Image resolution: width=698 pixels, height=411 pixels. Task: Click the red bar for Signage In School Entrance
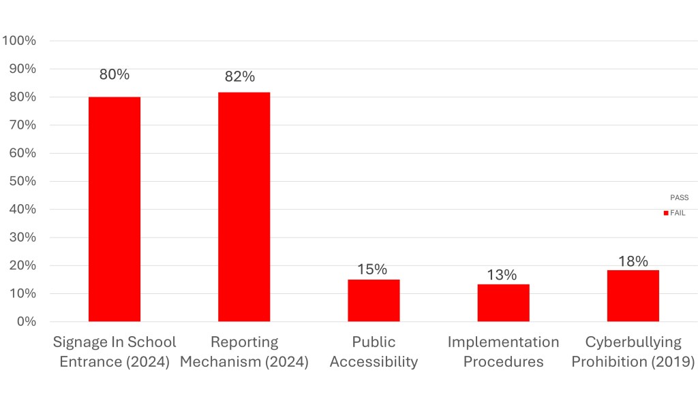(x=115, y=209)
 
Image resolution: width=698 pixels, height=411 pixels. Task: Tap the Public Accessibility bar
(x=374, y=300)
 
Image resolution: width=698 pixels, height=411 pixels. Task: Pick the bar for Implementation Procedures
(x=503, y=303)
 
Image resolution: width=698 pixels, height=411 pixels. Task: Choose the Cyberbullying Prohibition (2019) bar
(x=633, y=295)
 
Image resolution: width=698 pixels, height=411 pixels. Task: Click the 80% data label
(x=115, y=75)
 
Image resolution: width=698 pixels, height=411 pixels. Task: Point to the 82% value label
(x=239, y=77)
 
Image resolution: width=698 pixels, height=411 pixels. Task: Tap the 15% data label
(x=371, y=269)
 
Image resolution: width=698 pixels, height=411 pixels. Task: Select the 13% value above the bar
(x=501, y=275)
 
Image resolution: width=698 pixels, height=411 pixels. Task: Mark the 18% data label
(x=633, y=261)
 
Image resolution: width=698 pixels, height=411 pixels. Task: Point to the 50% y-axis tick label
(x=22, y=181)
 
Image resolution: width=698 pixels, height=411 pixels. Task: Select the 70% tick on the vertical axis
(x=22, y=125)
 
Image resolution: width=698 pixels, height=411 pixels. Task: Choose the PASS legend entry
(x=679, y=198)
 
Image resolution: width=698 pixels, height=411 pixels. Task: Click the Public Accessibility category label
(x=374, y=352)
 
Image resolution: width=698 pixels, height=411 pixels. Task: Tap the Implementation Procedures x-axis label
(x=503, y=352)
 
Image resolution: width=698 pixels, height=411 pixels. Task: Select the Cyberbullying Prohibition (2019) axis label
(x=633, y=352)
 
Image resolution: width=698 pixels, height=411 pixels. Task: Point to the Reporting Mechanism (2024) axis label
(x=244, y=352)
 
